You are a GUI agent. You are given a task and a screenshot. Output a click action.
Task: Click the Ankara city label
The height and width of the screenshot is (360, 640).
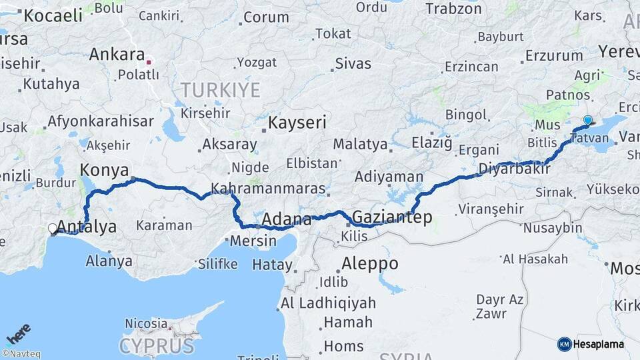click(x=117, y=55)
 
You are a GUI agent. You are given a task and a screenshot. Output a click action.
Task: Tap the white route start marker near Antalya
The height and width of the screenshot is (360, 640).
click(x=53, y=229)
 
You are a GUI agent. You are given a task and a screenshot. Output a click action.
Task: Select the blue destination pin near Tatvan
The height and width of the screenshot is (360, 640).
click(x=587, y=121)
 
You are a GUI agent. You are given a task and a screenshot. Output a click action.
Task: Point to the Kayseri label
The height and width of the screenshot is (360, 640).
click(x=297, y=123)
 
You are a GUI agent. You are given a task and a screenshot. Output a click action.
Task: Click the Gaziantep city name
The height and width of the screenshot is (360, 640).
click(x=392, y=217)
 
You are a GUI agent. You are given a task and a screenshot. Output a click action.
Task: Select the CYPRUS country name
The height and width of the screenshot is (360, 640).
click(x=157, y=346)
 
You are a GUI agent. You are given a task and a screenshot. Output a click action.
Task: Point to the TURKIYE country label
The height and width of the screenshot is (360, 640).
click(x=220, y=90)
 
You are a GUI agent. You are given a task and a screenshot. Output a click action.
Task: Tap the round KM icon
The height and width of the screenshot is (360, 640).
click(x=565, y=344)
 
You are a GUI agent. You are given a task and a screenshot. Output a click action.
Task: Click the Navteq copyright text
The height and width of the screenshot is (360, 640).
click(x=21, y=354)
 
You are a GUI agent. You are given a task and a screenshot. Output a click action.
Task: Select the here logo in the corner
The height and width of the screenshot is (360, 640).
click(x=18, y=333)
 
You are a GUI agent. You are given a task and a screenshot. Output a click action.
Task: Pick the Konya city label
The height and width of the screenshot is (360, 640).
click(x=104, y=170)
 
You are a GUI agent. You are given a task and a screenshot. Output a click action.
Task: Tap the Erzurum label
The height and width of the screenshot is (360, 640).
click(x=554, y=55)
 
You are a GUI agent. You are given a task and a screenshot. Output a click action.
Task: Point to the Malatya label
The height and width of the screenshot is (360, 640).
click(x=360, y=143)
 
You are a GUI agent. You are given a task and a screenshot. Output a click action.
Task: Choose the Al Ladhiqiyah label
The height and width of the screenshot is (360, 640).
click(x=328, y=303)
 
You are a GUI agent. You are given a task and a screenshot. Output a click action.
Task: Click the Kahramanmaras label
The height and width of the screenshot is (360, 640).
click(x=268, y=188)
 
